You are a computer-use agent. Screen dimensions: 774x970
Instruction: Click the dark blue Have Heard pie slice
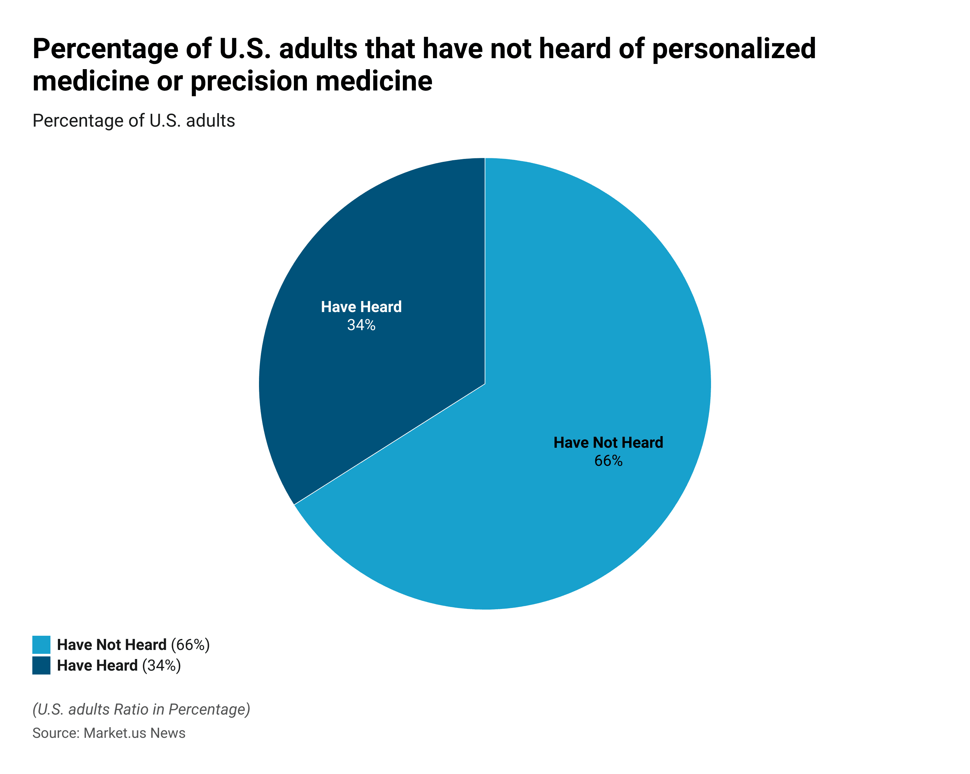click(383, 382)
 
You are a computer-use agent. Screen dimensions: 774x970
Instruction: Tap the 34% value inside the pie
click(361, 325)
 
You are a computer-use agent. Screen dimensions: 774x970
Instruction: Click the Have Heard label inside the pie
click(361, 307)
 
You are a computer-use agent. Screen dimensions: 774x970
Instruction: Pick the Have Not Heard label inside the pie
click(608, 443)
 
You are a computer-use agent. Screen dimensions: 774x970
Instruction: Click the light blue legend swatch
click(41, 644)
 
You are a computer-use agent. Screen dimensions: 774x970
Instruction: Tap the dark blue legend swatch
click(41, 665)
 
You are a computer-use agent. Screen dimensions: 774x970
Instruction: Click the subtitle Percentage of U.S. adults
click(134, 121)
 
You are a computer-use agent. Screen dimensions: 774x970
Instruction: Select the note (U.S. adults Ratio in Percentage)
click(141, 709)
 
